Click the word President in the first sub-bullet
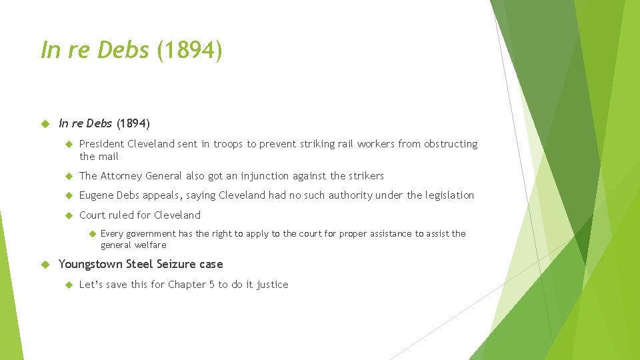101,144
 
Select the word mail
109,157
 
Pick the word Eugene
96,195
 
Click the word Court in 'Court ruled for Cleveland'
93,215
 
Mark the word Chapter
187,285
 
